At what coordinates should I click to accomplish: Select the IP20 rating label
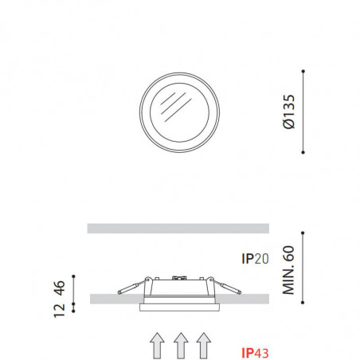[255, 259]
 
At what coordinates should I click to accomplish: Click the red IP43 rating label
[255, 351]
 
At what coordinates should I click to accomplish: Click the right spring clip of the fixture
[225, 288]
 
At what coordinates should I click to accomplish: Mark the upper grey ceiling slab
[178, 229]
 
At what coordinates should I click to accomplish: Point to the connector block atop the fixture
[177, 279]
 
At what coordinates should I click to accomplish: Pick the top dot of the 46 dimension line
[74, 276]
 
